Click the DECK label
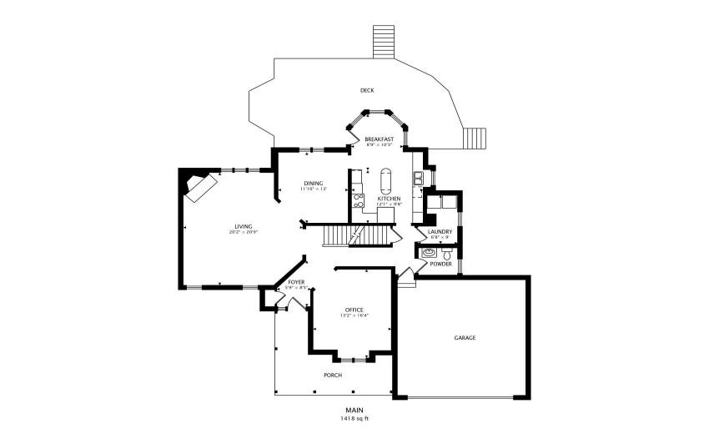tap(366, 90)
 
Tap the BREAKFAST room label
tap(379, 139)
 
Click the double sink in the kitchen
tap(418, 177)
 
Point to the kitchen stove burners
tap(359, 200)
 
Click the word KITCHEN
tap(390, 198)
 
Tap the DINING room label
tap(313, 183)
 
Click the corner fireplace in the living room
tap(199, 185)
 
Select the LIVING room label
tap(243, 226)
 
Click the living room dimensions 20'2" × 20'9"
tap(243, 232)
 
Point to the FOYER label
tap(296, 282)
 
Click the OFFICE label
tap(354, 310)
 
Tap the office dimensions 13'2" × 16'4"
tap(354, 315)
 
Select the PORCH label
tap(333, 375)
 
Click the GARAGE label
tap(465, 338)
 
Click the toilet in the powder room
tap(447, 251)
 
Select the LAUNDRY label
tap(440, 231)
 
